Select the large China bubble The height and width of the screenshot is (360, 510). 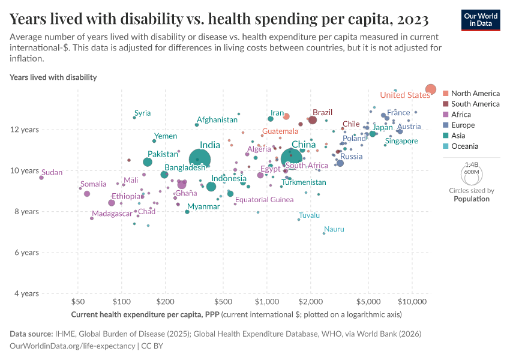point(292,159)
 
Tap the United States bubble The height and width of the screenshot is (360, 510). point(430,89)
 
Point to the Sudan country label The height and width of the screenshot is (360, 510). point(52,172)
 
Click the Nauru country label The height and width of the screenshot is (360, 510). point(334,229)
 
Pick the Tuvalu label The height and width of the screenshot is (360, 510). point(309,215)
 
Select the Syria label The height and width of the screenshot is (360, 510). point(142,113)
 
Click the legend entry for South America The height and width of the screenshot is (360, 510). point(475,104)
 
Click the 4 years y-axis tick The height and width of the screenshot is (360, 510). point(26,293)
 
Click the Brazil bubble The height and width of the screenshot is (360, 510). point(313,120)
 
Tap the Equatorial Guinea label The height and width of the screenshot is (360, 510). point(264,200)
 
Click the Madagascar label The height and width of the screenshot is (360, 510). point(112,214)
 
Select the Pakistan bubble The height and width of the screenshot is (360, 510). point(148,162)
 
